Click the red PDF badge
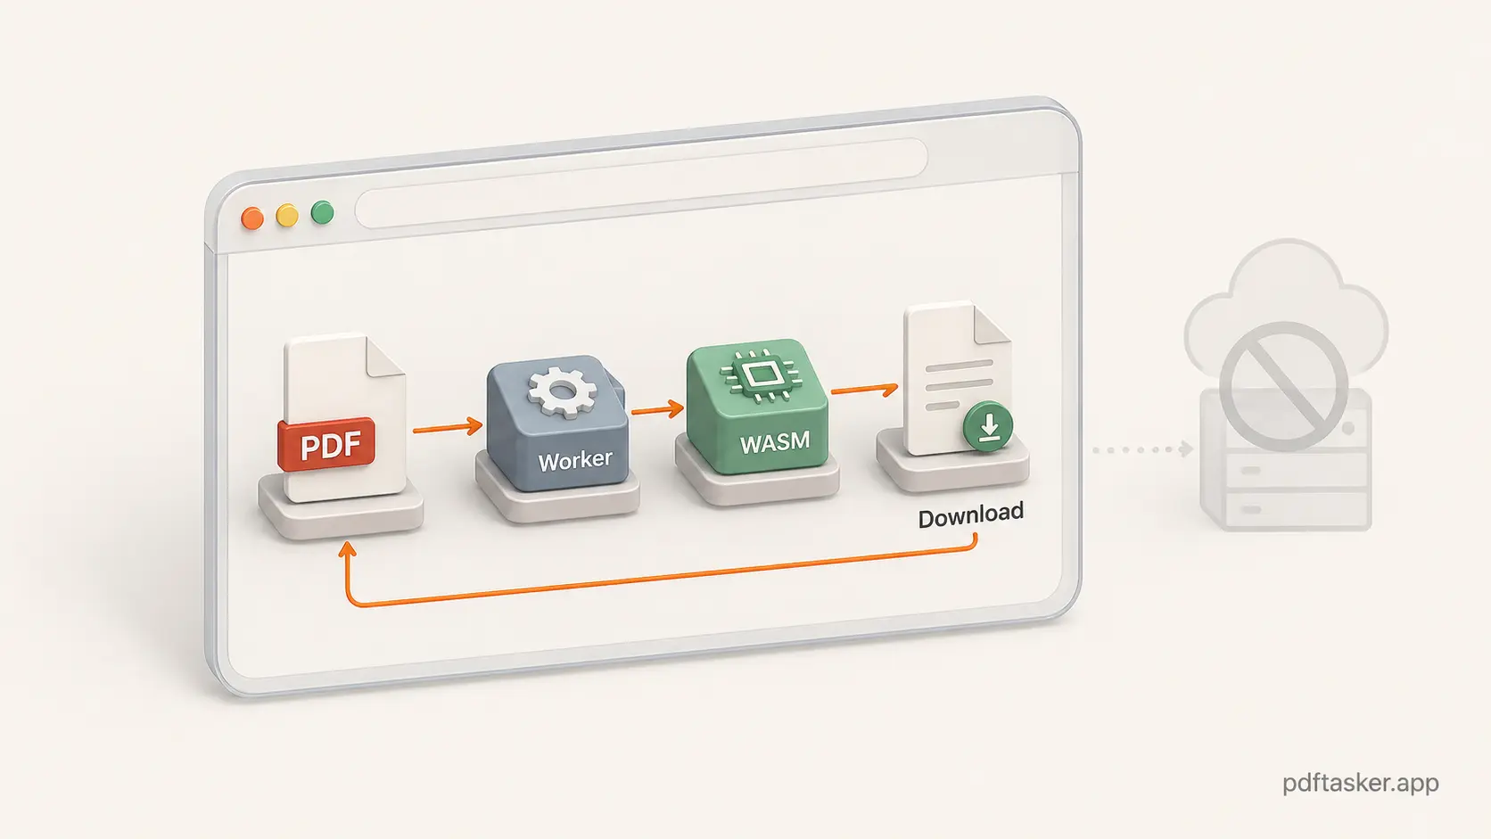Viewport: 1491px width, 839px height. click(326, 444)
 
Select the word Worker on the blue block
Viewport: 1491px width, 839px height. click(574, 460)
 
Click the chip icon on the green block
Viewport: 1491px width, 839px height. click(761, 375)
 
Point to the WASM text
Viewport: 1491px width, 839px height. click(774, 441)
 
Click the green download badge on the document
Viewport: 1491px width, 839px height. click(988, 426)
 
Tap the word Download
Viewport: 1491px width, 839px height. click(970, 515)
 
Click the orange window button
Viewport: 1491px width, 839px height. click(252, 219)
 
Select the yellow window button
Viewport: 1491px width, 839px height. click(287, 216)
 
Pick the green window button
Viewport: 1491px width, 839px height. click(322, 213)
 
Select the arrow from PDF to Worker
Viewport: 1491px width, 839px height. click(447, 428)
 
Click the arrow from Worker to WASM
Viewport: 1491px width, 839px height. click(657, 410)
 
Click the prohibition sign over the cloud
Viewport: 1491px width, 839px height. click(1283, 386)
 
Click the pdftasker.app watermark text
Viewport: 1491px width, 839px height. click(1360, 783)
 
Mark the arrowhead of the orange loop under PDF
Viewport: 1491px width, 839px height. click(348, 550)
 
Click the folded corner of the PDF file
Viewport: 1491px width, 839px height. click(385, 357)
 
